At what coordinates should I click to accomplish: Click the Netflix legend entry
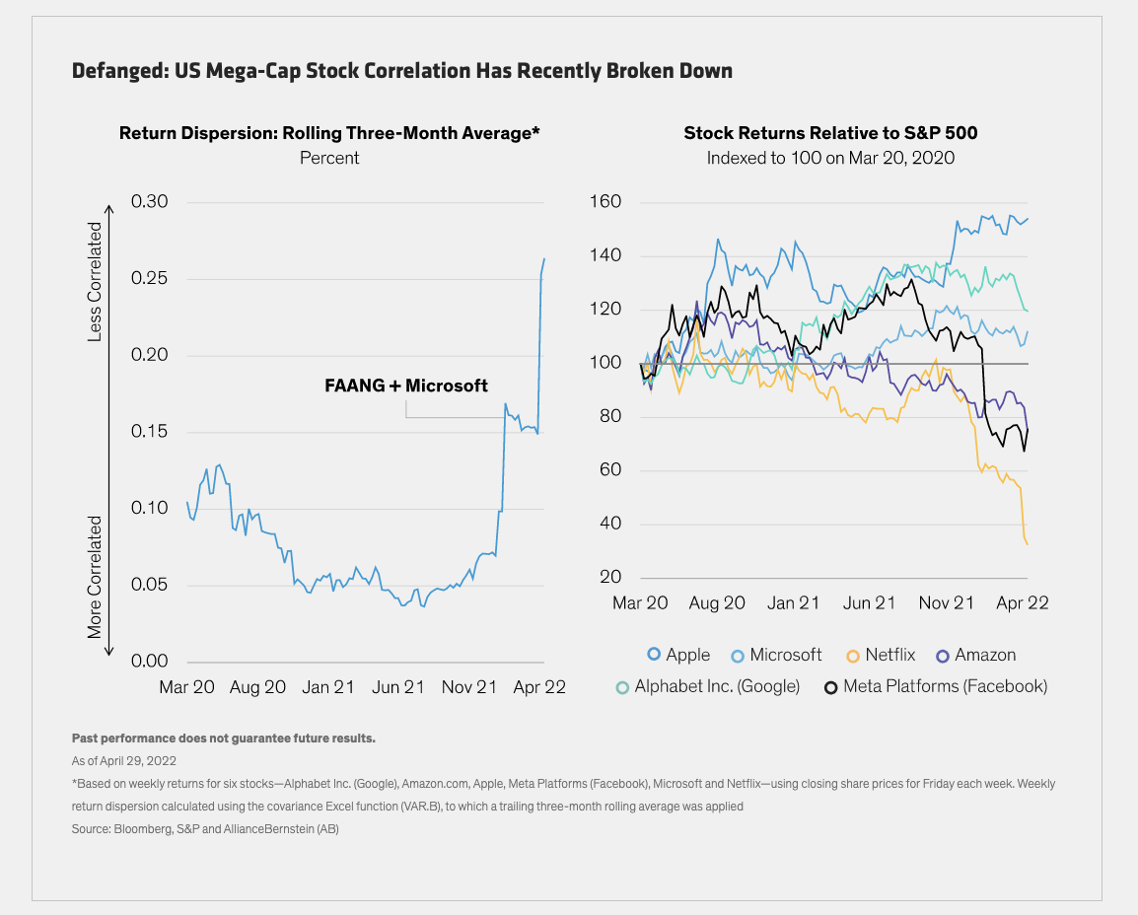[881, 655]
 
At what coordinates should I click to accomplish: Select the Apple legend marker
[653, 655]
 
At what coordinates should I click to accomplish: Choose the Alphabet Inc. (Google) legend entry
[706, 686]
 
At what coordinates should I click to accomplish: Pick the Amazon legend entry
[975, 655]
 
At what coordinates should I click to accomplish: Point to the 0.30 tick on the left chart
[150, 202]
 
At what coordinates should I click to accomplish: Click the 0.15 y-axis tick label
[150, 432]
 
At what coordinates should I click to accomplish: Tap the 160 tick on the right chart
[606, 202]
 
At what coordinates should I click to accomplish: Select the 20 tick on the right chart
[610, 578]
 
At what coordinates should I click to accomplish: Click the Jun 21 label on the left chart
[397, 687]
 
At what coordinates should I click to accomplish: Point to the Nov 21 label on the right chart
[947, 603]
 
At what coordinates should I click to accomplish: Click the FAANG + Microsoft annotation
[406, 386]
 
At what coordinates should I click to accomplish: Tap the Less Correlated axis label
[96, 282]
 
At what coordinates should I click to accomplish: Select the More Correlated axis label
[96, 576]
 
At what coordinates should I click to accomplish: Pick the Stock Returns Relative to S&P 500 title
[830, 133]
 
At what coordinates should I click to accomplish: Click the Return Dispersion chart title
[329, 133]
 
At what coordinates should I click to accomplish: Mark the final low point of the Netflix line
[1028, 543]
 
